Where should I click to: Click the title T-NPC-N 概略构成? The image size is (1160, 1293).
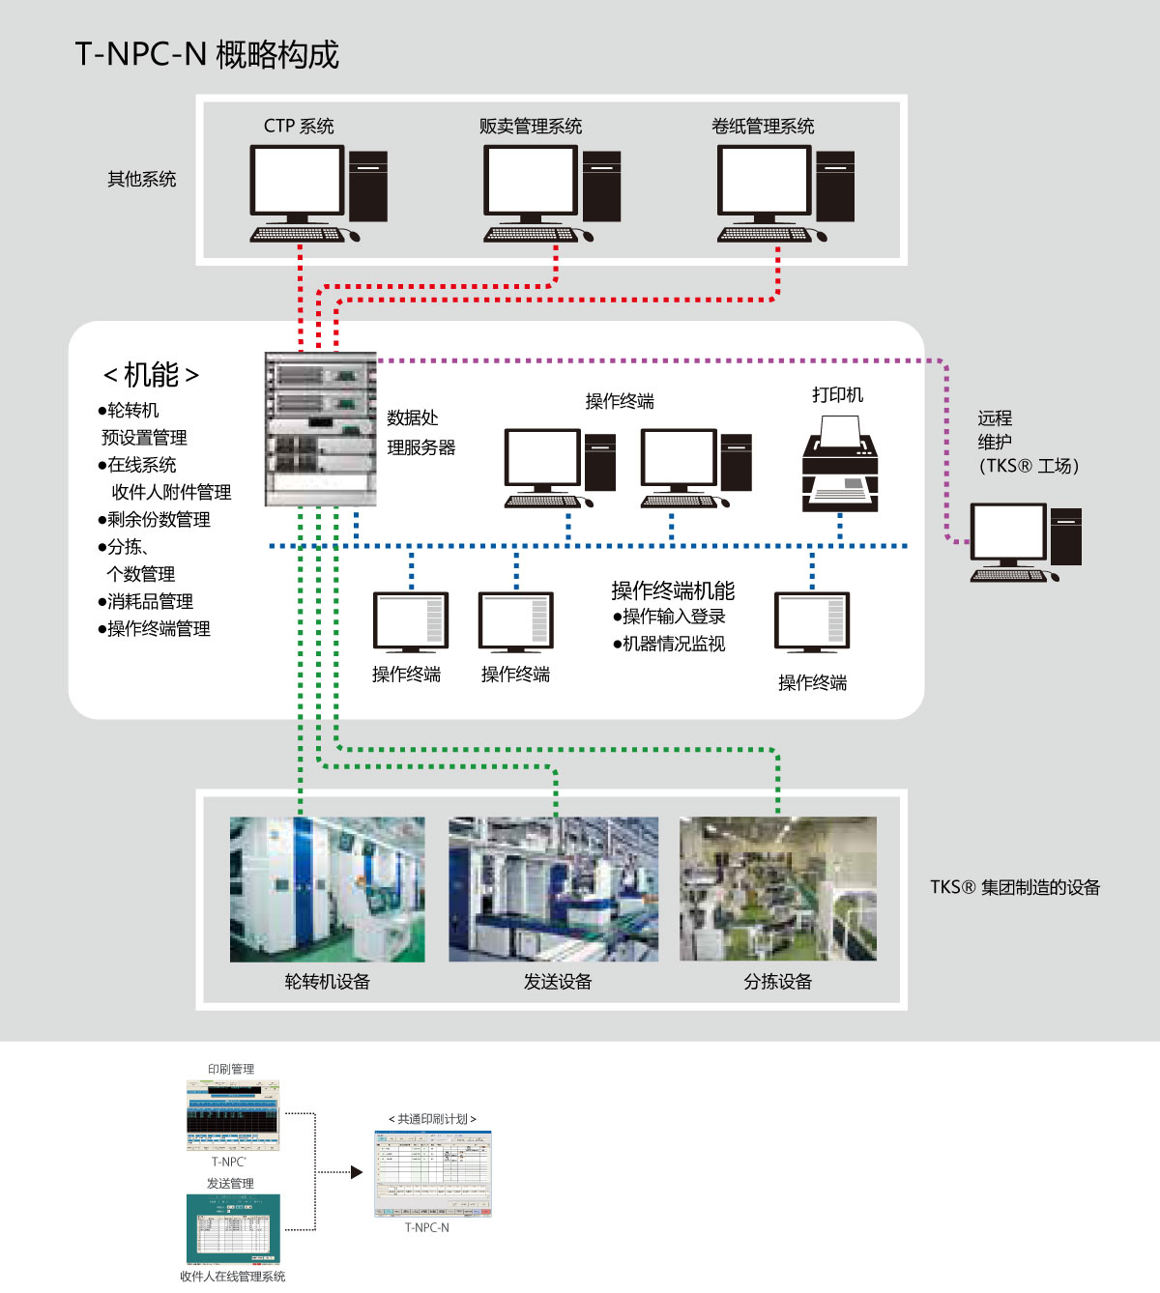(x=207, y=54)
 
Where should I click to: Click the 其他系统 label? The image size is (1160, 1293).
(x=142, y=179)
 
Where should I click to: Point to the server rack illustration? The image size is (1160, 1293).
(x=320, y=429)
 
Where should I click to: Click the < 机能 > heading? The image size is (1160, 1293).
(x=151, y=375)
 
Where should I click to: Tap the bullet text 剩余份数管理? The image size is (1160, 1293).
(x=155, y=520)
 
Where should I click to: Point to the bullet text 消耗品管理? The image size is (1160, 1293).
(x=146, y=601)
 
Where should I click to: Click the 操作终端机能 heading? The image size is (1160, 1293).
(x=673, y=590)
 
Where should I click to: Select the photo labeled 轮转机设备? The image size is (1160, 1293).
(x=327, y=889)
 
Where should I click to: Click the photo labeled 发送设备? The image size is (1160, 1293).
(x=553, y=889)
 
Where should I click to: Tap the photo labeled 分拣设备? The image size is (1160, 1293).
(x=778, y=889)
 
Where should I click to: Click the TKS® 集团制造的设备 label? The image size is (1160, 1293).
(x=1015, y=887)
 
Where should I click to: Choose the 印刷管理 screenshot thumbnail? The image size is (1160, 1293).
(x=232, y=1115)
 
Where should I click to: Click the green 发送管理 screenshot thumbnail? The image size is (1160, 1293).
(x=232, y=1229)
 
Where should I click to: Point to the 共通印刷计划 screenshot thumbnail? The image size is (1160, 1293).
(x=433, y=1173)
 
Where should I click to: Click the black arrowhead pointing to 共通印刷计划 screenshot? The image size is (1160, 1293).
(x=357, y=1172)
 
